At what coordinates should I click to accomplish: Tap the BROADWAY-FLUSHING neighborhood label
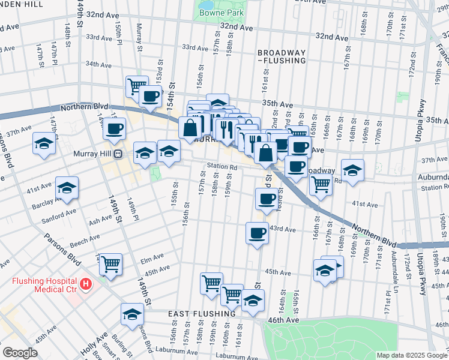point(282,56)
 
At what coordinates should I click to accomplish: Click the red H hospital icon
point(86,283)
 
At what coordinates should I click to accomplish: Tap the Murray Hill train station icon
point(119,154)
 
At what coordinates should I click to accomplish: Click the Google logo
point(19,353)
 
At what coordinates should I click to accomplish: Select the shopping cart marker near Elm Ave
point(110,264)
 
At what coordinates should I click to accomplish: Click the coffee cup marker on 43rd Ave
point(257,233)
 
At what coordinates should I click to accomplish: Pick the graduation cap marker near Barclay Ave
point(67,188)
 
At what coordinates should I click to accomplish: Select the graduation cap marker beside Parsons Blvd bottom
point(132,314)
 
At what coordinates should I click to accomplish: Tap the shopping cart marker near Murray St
point(137,86)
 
